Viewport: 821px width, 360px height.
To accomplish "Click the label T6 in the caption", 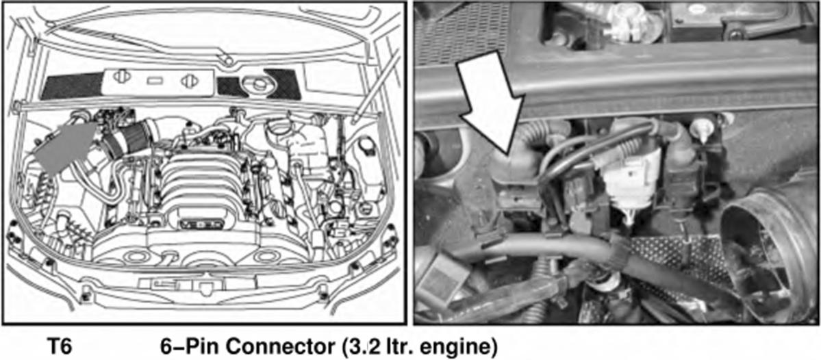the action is point(59,347).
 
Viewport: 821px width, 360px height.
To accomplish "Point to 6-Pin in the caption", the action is point(192,347).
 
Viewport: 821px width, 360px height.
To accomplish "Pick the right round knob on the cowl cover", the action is point(188,81).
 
